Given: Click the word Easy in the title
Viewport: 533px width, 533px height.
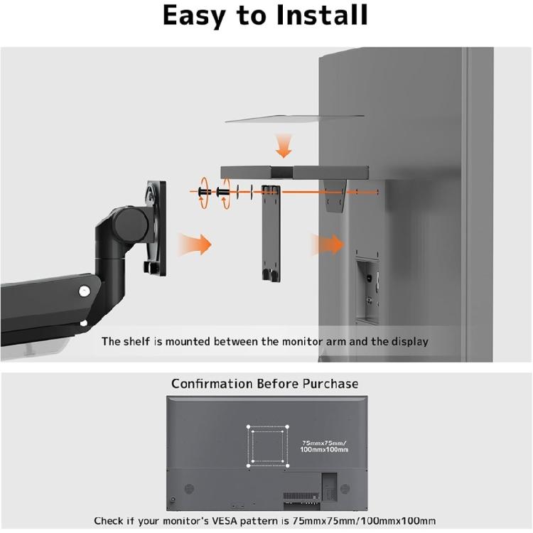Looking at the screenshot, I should click(201, 16).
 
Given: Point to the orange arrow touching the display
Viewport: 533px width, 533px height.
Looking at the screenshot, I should click(328, 246).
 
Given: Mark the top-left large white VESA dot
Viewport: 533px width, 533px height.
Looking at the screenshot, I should click(249, 428).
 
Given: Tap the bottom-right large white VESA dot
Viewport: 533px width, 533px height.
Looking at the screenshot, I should click(289, 465).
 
